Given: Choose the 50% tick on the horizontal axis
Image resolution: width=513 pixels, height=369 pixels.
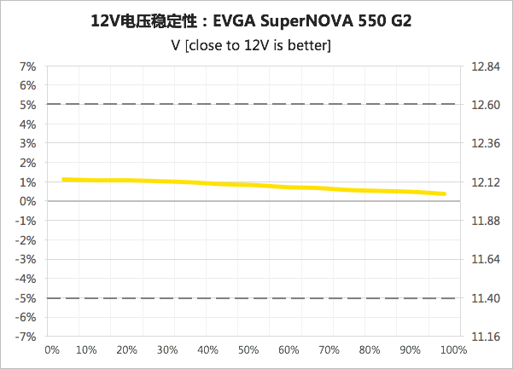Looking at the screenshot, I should (x=248, y=350).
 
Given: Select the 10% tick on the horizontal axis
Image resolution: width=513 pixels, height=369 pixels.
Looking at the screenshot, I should (x=86, y=350).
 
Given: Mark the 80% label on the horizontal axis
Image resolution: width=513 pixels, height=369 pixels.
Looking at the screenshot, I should (x=370, y=350).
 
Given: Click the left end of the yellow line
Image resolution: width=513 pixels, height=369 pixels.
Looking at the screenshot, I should (x=64, y=180).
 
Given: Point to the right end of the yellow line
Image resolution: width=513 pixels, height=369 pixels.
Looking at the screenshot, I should (x=445, y=193).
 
